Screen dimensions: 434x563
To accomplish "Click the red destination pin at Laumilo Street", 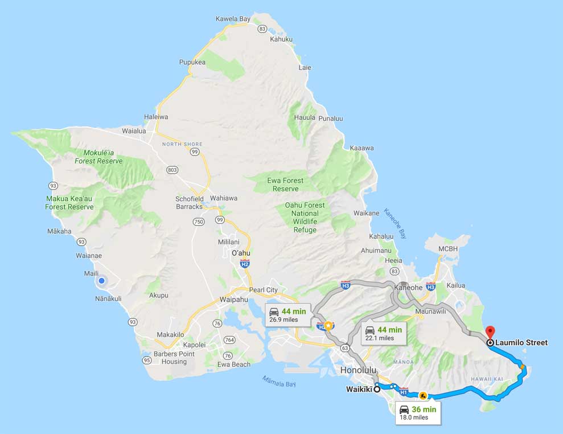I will pyautogui.click(x=490, y=332).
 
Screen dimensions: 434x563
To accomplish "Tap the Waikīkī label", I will pyautogui.click(x=359, y=390).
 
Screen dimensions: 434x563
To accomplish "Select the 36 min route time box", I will pyautogui.click(x=418, y=413).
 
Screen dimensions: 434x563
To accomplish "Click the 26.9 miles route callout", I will pyautogui.click(x=288, y=315).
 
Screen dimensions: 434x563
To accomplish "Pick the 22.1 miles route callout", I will pyautogui.click(x=384, y=333).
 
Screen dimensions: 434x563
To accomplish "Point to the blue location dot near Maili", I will pyautogui.click(x=101, y=280).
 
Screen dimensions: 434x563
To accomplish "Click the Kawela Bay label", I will pyautogui.click(x=233, y=19).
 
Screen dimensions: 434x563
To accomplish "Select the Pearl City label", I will pyautogui.click(x=264, y=290).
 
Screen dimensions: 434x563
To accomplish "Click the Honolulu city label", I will pyautogui.click(x=358, y=370).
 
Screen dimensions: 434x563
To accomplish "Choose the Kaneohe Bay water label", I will pyautogui.click(x=395, y=223).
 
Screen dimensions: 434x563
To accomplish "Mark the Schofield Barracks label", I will pyautogui.click(x=189, y=202).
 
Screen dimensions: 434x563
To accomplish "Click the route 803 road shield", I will pyautogui.click(x=172, y=170).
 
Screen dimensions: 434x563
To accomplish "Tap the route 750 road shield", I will pyautogui.click(x=199, y=222).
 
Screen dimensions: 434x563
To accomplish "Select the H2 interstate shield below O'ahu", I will pyautogui.click(x=245, y=264).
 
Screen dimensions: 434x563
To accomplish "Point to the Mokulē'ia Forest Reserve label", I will pyautogui.click(x=98, y=157).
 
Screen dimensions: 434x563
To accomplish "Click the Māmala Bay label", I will pyautogui.click(x=279, y=381).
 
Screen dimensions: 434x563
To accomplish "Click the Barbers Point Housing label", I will pyautogui.click(x=174, y=358).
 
